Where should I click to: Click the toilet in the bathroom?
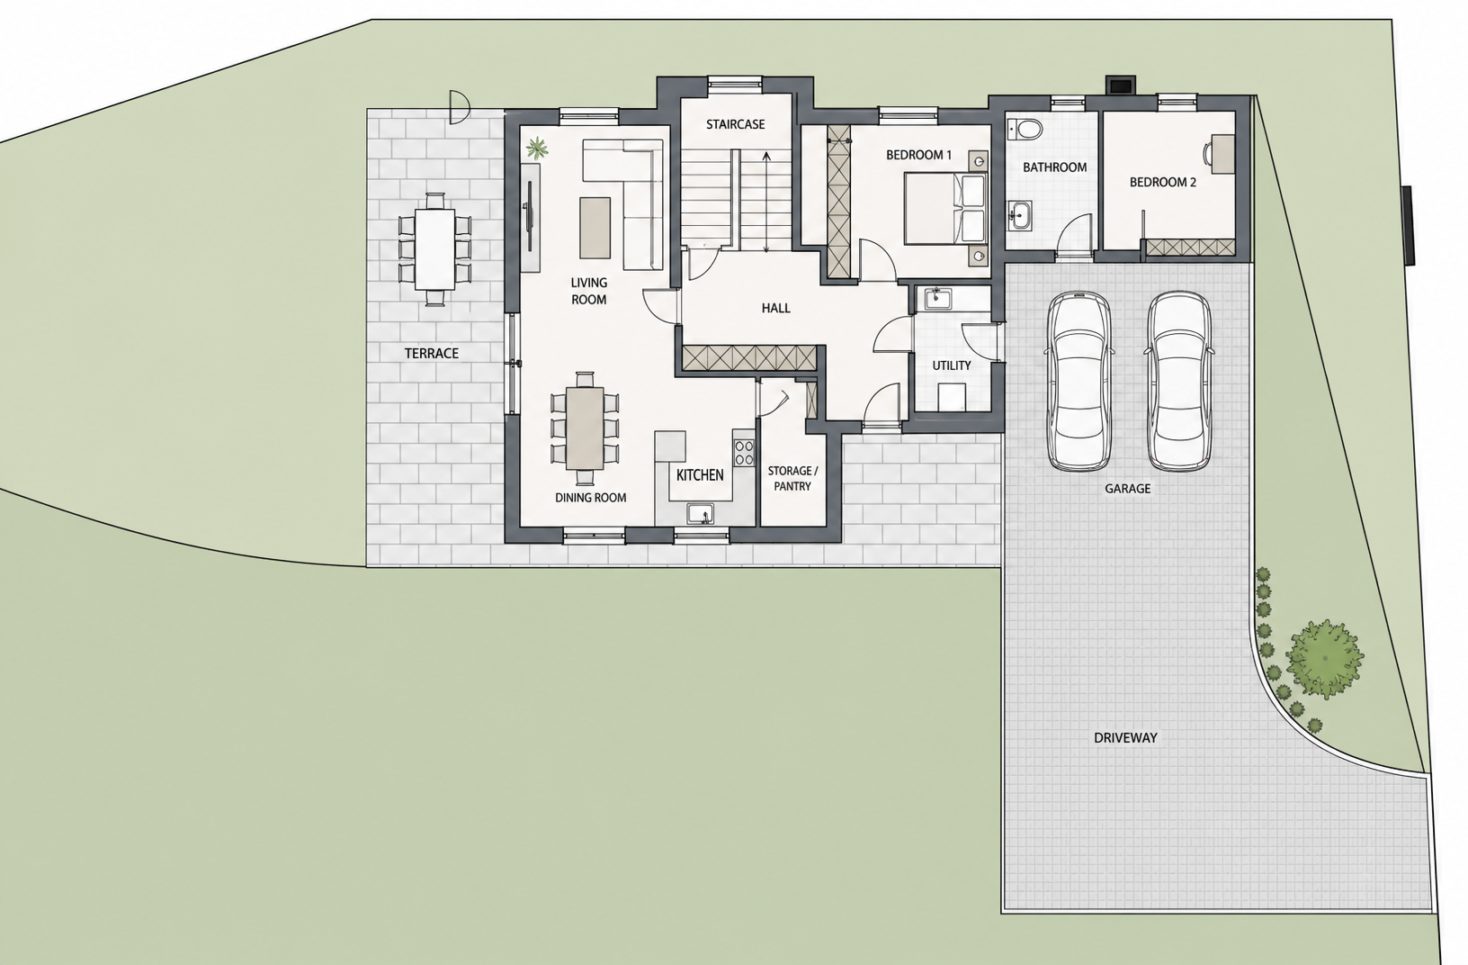tap(1025, 129)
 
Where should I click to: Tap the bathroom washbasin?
tap(1019, 215)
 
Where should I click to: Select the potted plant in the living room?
tap(537, 149)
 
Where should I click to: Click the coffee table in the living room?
tap(595, 228)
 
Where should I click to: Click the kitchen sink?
tap(701, 513)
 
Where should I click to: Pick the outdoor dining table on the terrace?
tap(434, 249)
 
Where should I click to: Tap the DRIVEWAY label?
tap(1125, 737)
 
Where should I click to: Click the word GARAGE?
tap(1127, 488)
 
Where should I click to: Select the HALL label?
tap(776, 308)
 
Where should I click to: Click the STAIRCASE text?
tap(735, 124)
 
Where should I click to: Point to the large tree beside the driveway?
tap(1324, 659)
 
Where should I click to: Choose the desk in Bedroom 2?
tap(1222, 154)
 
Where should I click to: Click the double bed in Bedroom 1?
tap(944, 208)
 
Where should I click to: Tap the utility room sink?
tap(938, 298)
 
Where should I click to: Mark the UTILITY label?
tap(952, 365)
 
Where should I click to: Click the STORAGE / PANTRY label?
tap(792, 478)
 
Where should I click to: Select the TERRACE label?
tap(431, 354)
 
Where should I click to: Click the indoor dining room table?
tap(585, 428)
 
